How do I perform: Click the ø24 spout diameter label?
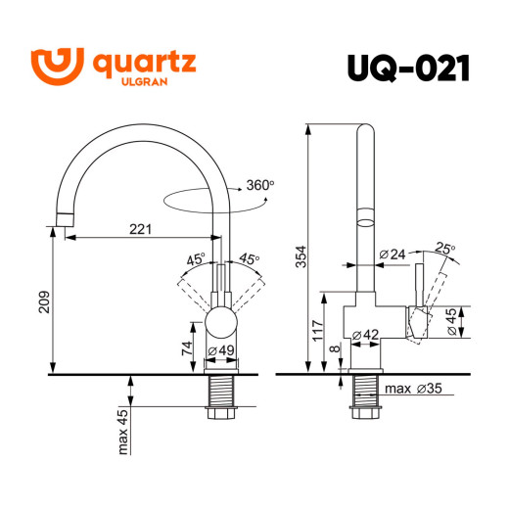pos(392,255)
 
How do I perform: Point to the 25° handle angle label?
pos(445,250)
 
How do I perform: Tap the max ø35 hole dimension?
pos(410,389)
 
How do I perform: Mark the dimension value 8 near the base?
pos(336,349)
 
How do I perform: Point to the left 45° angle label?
pos(194,259)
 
